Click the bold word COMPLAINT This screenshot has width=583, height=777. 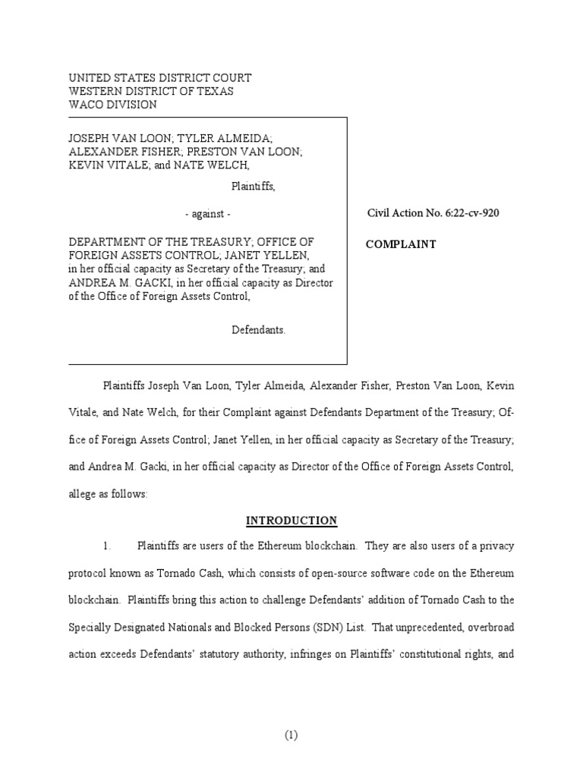(x=401, y=244)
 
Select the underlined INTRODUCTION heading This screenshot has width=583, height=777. (x=291, y=521)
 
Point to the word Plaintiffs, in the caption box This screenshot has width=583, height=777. (x=253, y=187)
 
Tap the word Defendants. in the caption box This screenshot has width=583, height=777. (x=258, y=331)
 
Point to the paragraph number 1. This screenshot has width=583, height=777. (x=108, y=546)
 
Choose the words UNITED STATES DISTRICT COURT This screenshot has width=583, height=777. (x=160, y=77)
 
